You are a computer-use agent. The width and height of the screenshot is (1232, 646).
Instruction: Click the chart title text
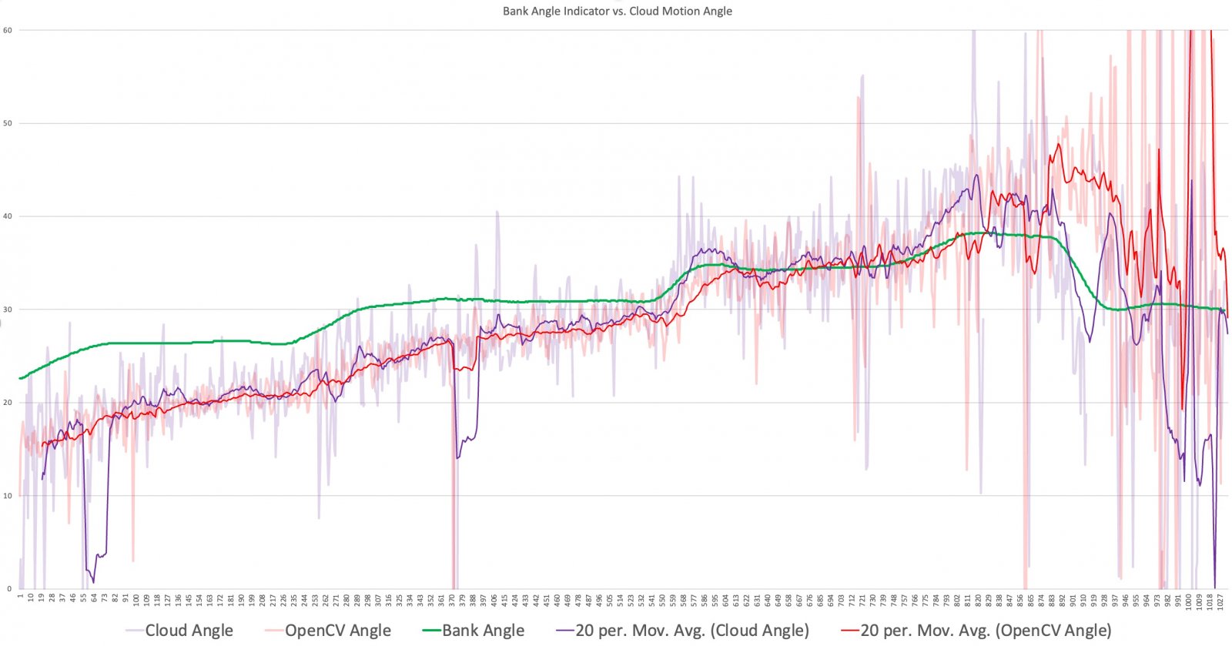pyautogui.click(x=617, y=11)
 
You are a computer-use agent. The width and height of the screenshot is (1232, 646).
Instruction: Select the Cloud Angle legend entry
pyautogui.click(x=189, y=631)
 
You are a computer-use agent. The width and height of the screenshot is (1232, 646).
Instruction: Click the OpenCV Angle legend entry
pyautogui.click(x=337, y=631)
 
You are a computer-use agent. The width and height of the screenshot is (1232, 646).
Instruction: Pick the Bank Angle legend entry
pyautogui.click(x=483, y=631)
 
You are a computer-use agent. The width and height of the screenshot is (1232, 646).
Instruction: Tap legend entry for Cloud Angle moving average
pyautogui.click(x=691, y=631)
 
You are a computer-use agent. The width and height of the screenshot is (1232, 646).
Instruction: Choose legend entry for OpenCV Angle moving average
pyautogui.click(x=986, y=631)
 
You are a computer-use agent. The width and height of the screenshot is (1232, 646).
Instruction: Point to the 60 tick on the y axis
pyautogui.click(x=8, y=30)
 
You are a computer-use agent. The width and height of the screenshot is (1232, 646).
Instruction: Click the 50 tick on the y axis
pyautogui.click(x=8, y=123)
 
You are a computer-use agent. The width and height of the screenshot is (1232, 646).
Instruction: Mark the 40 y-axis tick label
pyautogui.click(x=8, y=216)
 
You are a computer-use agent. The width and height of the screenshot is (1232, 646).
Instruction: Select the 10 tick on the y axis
pyautogui.click(x=8, y=496)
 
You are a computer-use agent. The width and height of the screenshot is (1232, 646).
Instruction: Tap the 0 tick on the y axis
pyautogui.click(x=9, y=589)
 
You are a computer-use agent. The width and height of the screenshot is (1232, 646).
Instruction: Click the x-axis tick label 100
pyautogui.click(x=136, y=599)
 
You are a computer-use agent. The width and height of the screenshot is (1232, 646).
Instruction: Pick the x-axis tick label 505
pyautogui.click(x=610, y=599)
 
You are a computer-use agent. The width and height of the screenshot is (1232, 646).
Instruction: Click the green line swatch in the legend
pyautogui.click(x=431, y=631)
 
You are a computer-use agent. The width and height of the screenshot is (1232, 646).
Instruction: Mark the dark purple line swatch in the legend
pyautogui.click(x=564, y=631)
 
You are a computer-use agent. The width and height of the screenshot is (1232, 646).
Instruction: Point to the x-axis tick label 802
pyautogui.click(x=957, y=599)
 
